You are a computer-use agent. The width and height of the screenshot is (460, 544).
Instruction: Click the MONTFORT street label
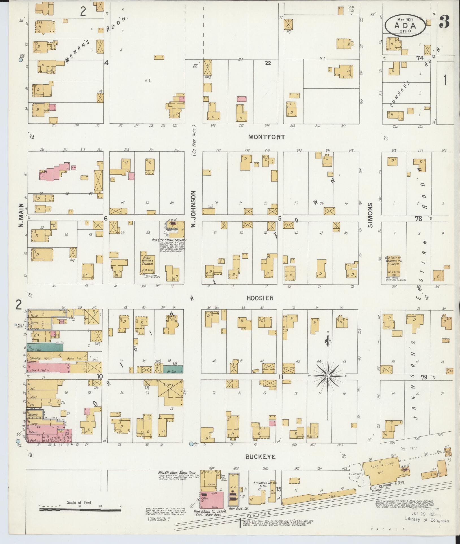point(267,137)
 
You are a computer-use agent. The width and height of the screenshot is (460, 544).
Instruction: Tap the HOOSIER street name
point(260,298)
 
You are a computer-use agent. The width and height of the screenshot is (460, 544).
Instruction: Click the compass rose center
point(327,376)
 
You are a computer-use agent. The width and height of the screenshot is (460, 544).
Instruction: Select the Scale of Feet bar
point(80,510)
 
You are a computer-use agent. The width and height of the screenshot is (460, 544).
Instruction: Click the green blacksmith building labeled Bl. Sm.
point(173,369)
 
